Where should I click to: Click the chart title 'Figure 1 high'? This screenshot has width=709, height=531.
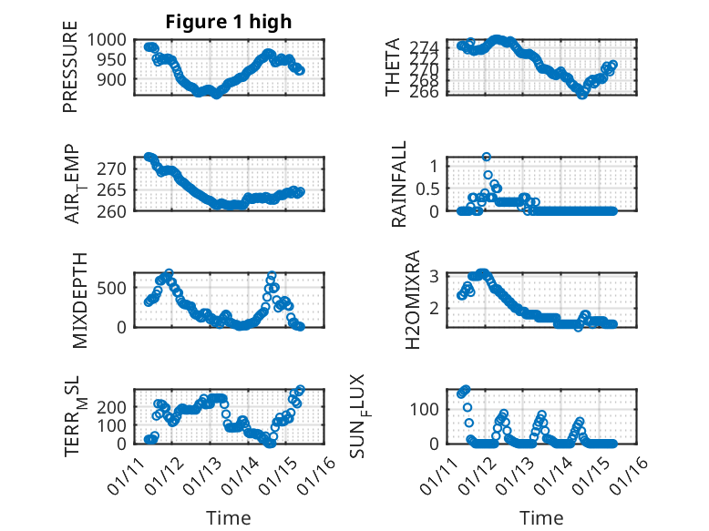[229, 22]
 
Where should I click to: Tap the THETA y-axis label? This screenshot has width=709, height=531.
[393, 67]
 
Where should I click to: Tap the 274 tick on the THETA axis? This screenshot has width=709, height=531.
[430, 46]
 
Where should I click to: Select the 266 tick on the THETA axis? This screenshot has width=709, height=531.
[430, 91]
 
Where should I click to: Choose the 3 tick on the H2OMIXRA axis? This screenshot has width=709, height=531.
[435, 276]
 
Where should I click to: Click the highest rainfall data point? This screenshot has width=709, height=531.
[487, 157]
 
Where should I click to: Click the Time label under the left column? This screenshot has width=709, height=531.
[229, 518]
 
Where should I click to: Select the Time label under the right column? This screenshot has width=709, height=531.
[541, 518]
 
